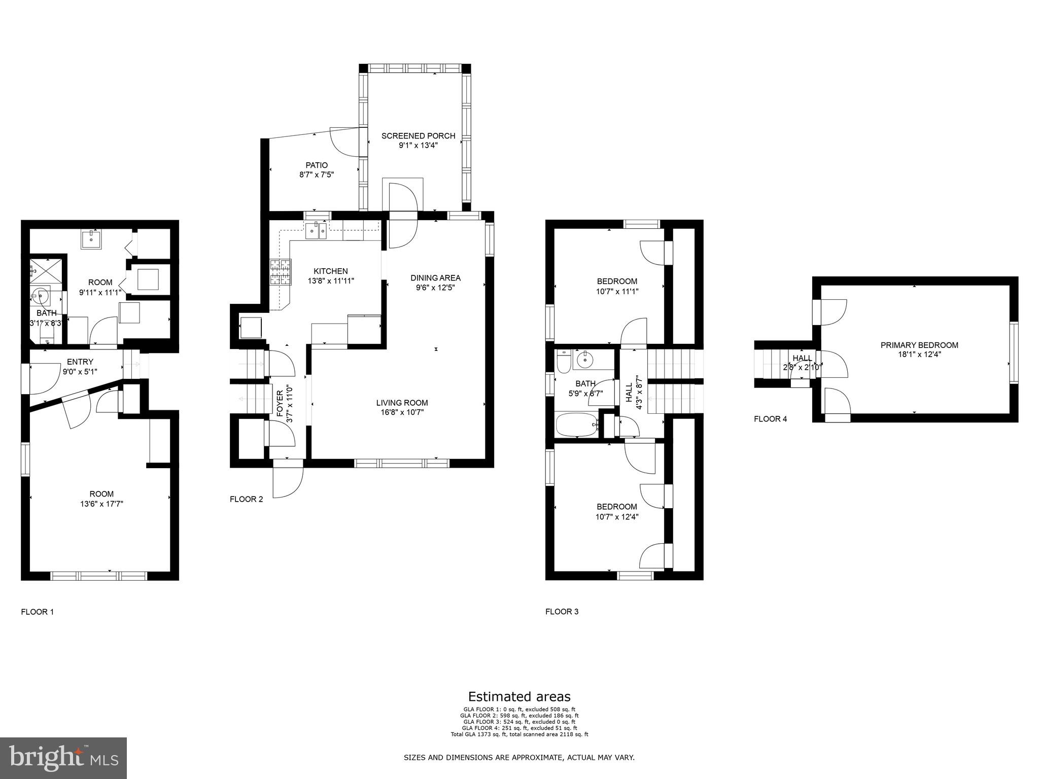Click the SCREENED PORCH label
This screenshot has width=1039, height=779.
click(x=418, y=136)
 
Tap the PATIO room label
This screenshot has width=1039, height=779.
click(x=317, y=165)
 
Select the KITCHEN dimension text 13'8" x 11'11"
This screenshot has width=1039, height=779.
click(x=331, y=280)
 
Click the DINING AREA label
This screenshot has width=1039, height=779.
click(x=435, y=278)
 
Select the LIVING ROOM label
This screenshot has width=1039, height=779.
click(x=402, y=403)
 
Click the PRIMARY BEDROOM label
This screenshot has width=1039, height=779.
click(x=919, y=345)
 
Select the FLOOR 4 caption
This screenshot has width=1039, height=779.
click(x=770, y=419)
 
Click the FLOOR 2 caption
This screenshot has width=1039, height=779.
click(x=246, y=499)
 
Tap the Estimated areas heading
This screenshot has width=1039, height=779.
click(x=519, y=697)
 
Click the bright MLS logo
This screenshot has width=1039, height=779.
click(x=63, y=758)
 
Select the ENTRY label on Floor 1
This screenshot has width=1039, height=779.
click(x=80, y=362)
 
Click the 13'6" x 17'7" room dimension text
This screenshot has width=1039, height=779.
click(x=101, y=504)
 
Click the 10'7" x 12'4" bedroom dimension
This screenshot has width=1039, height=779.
click(x=617, y=517)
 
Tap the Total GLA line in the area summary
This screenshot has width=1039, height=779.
click(x=519, y=734)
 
